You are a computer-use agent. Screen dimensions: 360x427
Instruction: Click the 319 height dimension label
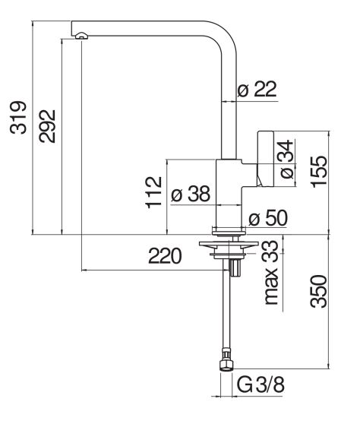coord(18,118)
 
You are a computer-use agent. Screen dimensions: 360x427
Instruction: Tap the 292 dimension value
coord(47,126)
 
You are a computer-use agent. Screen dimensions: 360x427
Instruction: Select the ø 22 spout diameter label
coord(257,88)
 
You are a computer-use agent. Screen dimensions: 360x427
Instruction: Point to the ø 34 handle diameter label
coord(286,160)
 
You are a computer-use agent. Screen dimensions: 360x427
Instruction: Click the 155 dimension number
coord(319,172)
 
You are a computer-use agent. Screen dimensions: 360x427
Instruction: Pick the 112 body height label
coord(154,192)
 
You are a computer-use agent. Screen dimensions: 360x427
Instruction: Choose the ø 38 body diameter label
coord(191,194)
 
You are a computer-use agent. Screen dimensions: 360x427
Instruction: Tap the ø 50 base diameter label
coord(268,218)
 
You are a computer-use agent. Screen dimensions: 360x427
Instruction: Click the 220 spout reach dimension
coord(165,256)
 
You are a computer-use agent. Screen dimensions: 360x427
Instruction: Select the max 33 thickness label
coord(271,273)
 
